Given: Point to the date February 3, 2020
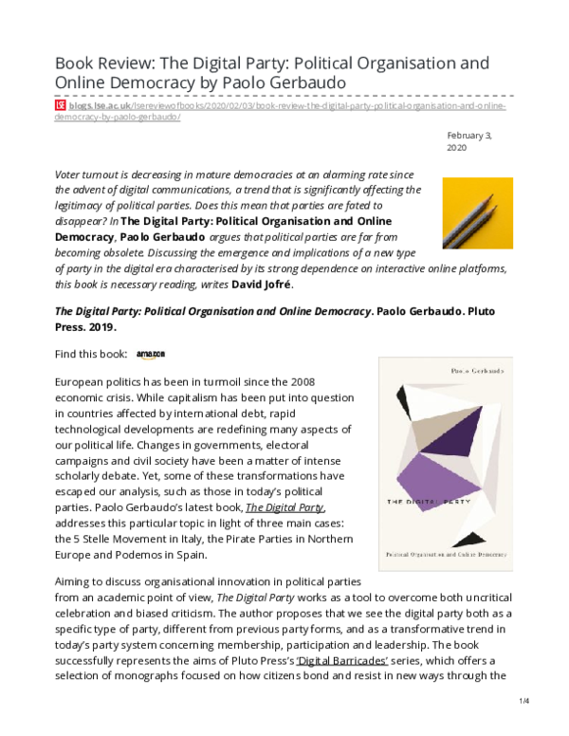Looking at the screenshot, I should tap(468, 142).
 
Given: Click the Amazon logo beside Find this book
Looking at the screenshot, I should tap(150, 355).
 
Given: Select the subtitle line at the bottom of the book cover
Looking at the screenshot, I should tap(445, 553).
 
